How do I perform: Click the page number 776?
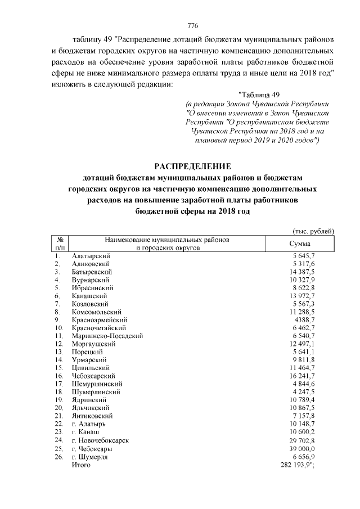click(192, 26)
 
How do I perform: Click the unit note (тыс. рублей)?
click(313, 231)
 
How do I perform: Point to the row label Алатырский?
click(91, 256)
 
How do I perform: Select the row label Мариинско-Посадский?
click(107, 336)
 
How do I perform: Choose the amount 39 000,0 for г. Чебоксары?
click(303, 449)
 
